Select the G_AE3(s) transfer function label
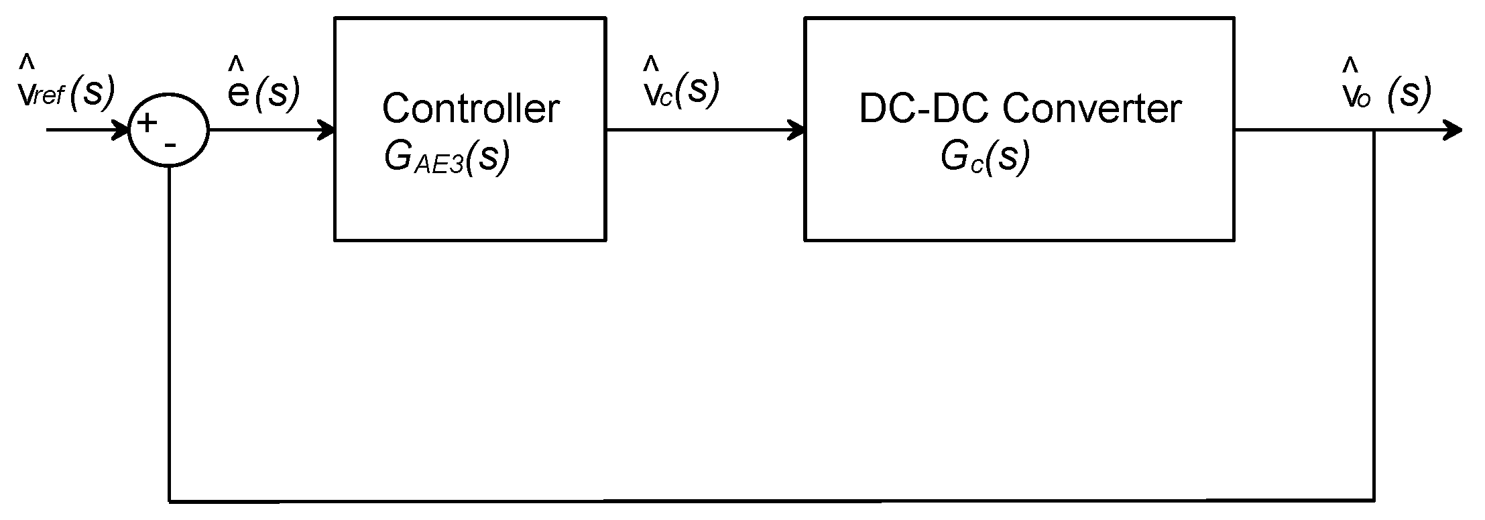tap(447, 158)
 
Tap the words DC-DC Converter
tap(1019, 109)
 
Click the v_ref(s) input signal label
tap(66, 93)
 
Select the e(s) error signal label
tap(263, 93)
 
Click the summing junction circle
tap(169, 130)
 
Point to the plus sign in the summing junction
tap(147, 123)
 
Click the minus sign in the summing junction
tap(170, 144)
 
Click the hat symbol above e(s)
tap(236, 64)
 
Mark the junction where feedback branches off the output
tap(1375, 130)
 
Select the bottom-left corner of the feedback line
tap(170, 500)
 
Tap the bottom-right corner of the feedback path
tap(1375, 500)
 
